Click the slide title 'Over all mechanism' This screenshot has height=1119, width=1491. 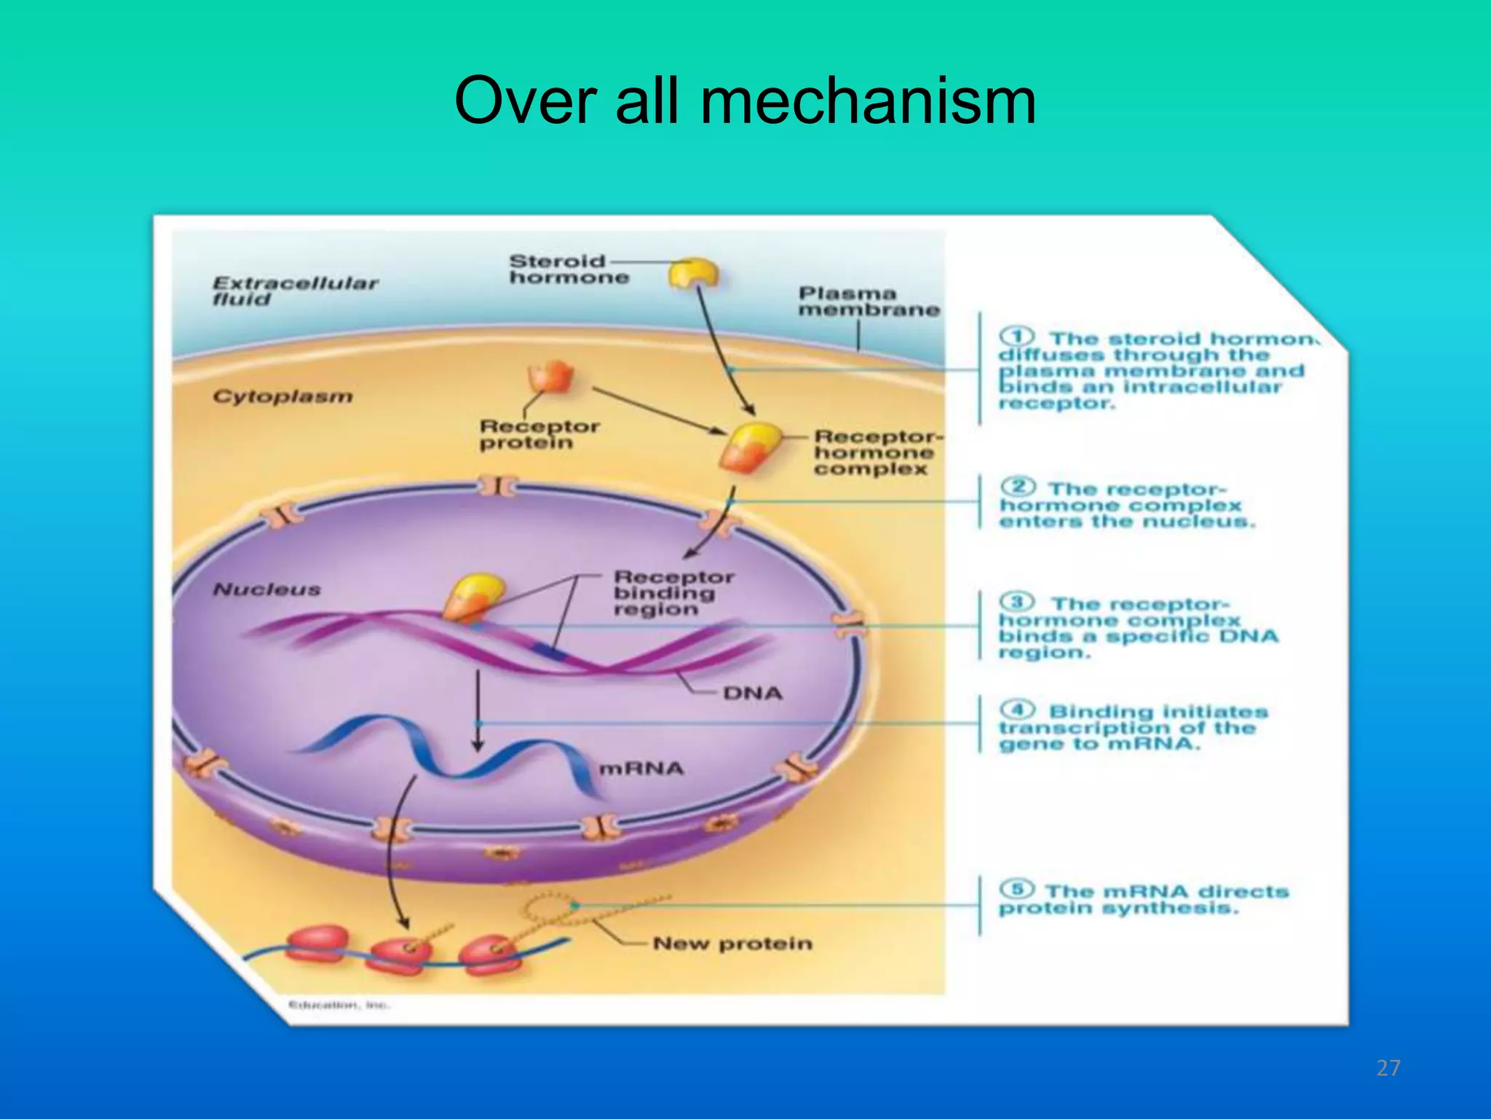[x=745, y=102]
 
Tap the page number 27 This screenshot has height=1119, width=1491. [x=1388, y=1068]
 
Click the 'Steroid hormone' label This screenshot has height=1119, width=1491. [x=568, y=269]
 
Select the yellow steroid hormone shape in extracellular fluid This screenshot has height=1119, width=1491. [x=693, y=273]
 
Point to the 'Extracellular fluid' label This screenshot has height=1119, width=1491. [x=294, y=291]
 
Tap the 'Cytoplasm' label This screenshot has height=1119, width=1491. [x=282, y=396]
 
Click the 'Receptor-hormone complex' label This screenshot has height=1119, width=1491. [x=876, y=452]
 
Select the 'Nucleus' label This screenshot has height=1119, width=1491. [x=266, y=589]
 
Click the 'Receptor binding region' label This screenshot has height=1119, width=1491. [x=672, y=593]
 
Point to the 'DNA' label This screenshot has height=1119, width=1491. [x=752, y=693]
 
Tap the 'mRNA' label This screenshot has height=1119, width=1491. [x=641, y=769]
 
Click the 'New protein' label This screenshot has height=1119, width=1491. [x=732, y=943]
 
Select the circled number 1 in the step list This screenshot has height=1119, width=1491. [x=1016, y=337]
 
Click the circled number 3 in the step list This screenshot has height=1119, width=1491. [x=1017, y=602]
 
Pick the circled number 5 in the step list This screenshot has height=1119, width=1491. [x=1017, y=889]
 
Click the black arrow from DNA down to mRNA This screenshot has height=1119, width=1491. [x=478, y=710]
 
